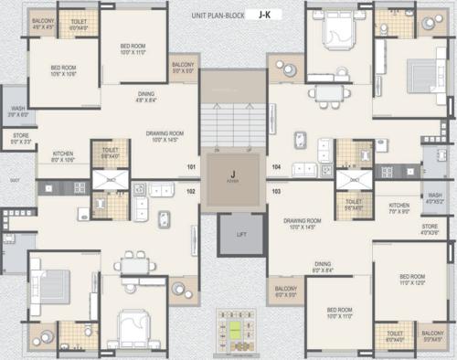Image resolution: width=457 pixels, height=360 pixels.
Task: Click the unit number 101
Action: pyautogui.click(x=192, y=168)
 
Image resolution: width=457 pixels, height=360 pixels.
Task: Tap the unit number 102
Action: pyautogui.click(x=192, y=191)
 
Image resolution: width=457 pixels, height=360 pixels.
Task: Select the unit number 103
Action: pyautogui.click(x=276, y=191)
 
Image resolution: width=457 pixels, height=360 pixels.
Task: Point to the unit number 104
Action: pyautogui.click(x=276, y=168)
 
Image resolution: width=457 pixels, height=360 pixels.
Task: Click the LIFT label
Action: pyautogui.click(x=241, y=235)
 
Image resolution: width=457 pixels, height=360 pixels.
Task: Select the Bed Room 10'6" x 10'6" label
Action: pyautogui.click(x=64, y=71)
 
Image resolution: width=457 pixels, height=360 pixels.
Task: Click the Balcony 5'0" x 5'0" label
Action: pyautogui.click(x=183, y=68)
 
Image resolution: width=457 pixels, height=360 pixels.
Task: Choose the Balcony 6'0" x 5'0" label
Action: pyautogui.click(x=285, y=291)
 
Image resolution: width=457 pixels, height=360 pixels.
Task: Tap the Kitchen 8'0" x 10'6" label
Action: pyautogui.click(x=62, y=156)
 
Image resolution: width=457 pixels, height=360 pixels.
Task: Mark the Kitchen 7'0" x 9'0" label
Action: pyautogui.click(x=399, y=208)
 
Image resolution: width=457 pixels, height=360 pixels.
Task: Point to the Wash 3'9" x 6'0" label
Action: pyautogui.click(x=18, y=111)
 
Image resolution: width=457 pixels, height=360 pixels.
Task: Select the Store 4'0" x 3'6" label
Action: pyautogui.click(x=430, y=228)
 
